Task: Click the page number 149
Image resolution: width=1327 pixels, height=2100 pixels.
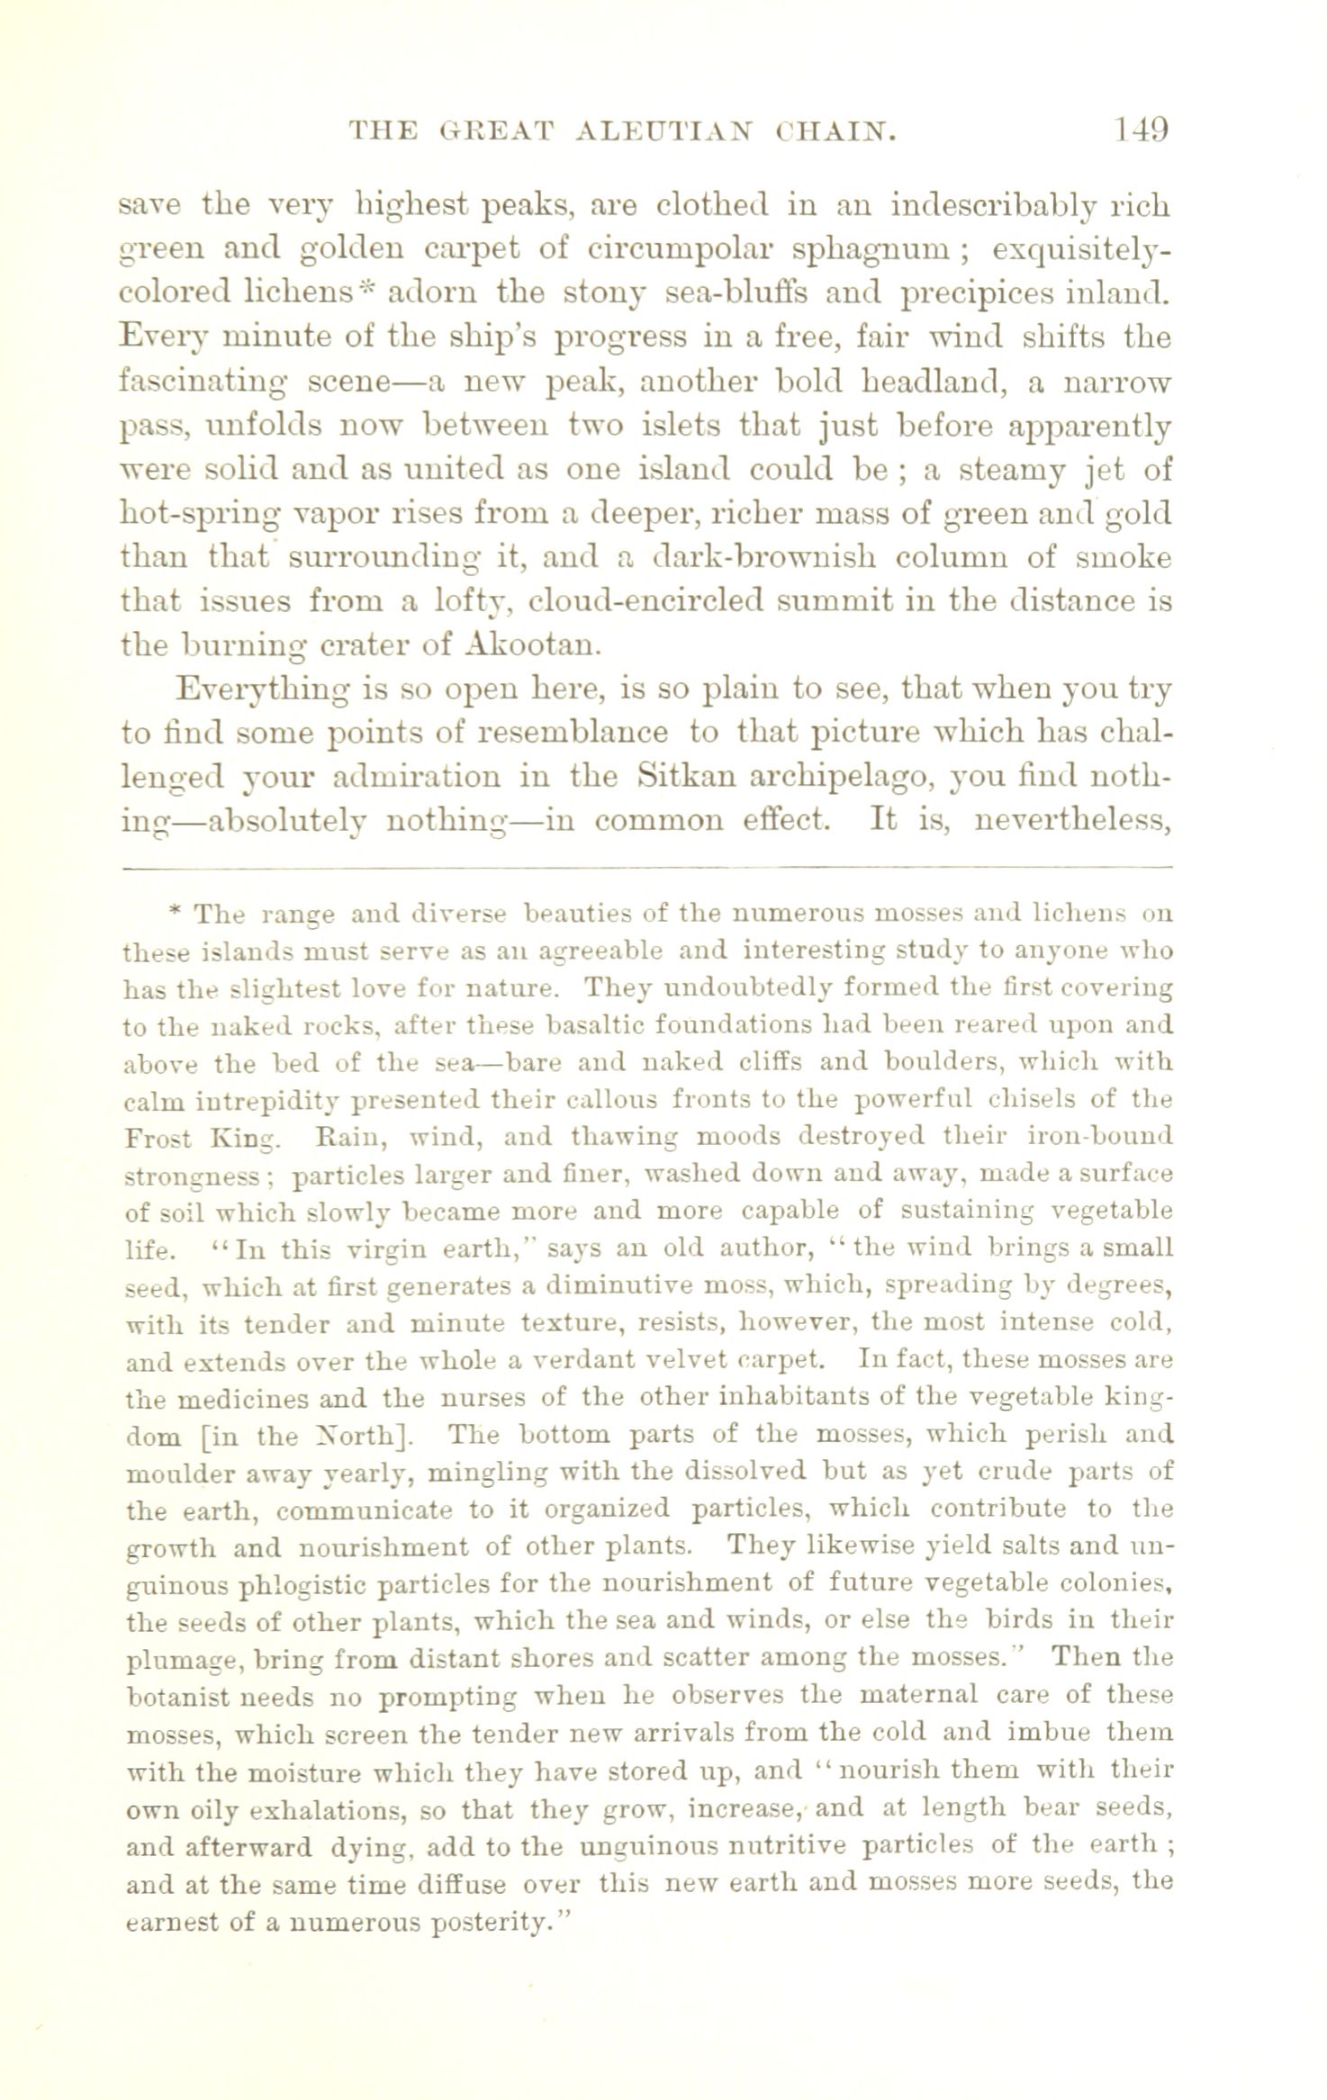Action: pos(1141,131)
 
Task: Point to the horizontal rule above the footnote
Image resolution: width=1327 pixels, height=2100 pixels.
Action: pos(645,867)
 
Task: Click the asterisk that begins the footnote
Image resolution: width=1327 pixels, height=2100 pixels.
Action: pos(176,912)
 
